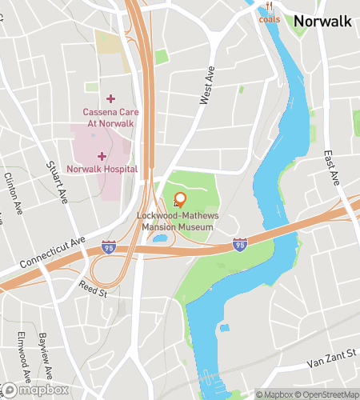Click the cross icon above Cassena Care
111,98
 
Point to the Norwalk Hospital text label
102,169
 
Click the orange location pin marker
180,200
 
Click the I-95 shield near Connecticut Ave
108,248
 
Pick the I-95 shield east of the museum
239,243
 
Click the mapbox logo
34,390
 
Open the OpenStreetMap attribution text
328,394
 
